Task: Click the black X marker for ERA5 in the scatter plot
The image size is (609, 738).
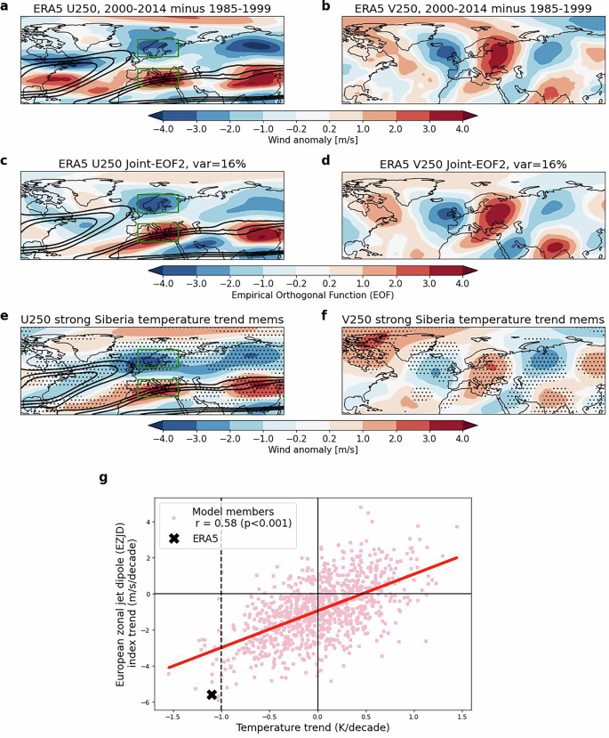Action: point(212,694)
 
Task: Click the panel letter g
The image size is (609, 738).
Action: point(103,478)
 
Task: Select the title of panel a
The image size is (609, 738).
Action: point(151,8)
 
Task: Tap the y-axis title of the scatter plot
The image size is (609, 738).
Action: point(131,594)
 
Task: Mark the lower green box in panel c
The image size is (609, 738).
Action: point(158,230)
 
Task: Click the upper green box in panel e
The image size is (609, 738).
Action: point(158,359)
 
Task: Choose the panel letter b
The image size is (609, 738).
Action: point(325,8)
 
